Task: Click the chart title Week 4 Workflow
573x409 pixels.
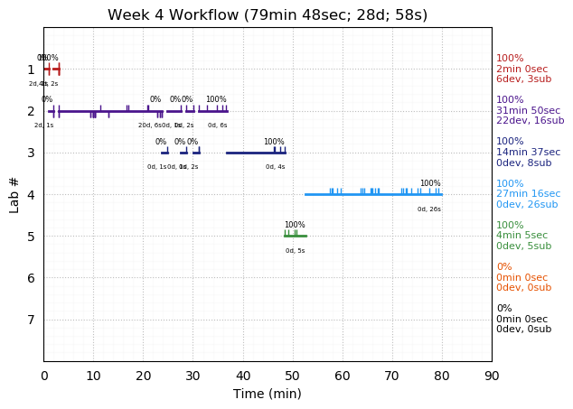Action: [x=268, y=14]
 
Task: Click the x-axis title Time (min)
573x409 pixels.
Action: [x=268, y=394]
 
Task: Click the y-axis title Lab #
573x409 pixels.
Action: [x=14, y=194]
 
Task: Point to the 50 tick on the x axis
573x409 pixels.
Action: [x=293, y=361]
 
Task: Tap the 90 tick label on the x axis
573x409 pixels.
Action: [x=492, y=375]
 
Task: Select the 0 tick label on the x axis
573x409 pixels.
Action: [x=44, y=375]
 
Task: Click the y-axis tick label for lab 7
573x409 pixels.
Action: [x=31, y=320]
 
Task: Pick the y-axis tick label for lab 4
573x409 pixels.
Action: [x=31, y=194]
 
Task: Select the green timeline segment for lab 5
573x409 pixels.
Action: [x=295, y=236]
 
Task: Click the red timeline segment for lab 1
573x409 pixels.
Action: [x=52, y=70]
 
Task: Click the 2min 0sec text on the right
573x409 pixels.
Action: [x=521, y=70]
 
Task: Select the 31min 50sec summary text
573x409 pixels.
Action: [x=528, y=111]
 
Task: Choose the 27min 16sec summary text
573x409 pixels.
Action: [x=528, y=194]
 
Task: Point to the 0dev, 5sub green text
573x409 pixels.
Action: [x=523, y=246]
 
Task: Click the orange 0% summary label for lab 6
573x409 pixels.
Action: [x=503, y=267]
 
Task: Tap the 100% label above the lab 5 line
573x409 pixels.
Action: [x=295, y=225]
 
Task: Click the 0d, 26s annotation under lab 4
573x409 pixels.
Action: [x=429, y=209]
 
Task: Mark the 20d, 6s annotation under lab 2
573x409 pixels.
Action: [x=150, y=125]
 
